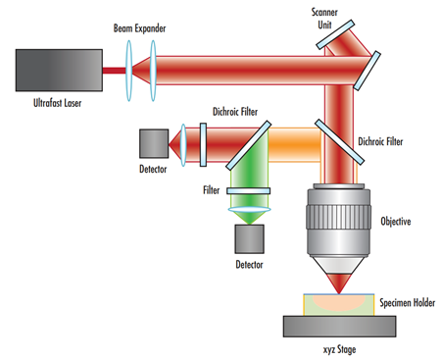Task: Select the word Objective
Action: pos(395,222)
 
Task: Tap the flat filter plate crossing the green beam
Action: pos(249,193)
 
